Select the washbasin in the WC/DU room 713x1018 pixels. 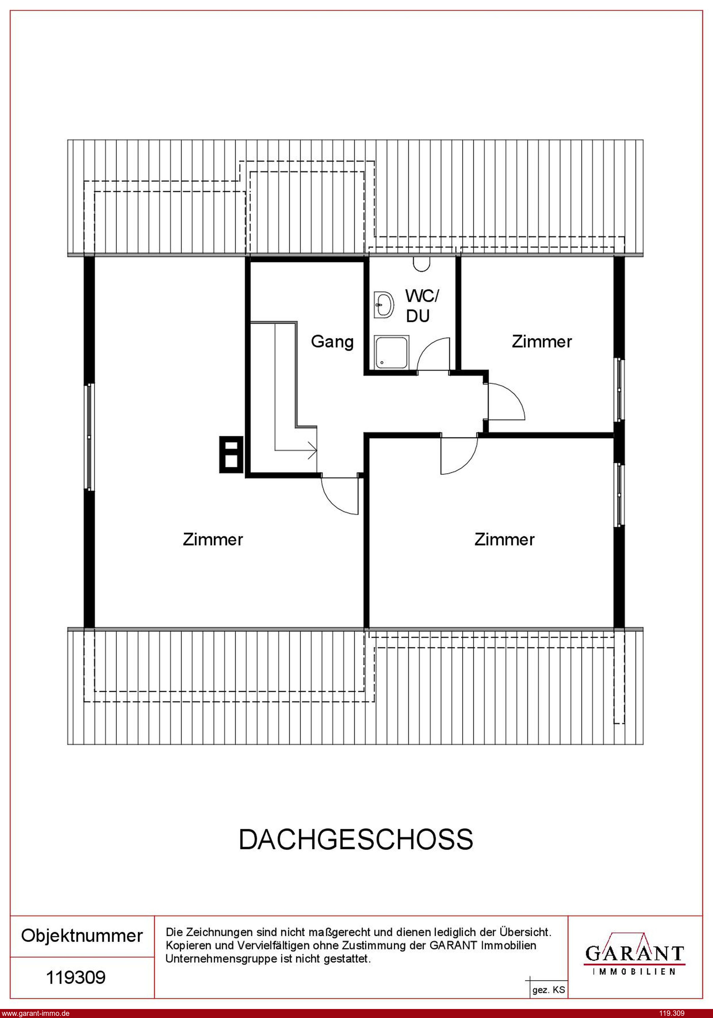384,305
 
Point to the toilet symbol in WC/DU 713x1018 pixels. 422,264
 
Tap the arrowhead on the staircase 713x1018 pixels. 313,451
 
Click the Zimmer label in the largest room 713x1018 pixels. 213,539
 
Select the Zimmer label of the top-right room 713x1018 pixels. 542,341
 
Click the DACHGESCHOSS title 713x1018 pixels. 356,839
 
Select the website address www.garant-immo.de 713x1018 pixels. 35,1013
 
